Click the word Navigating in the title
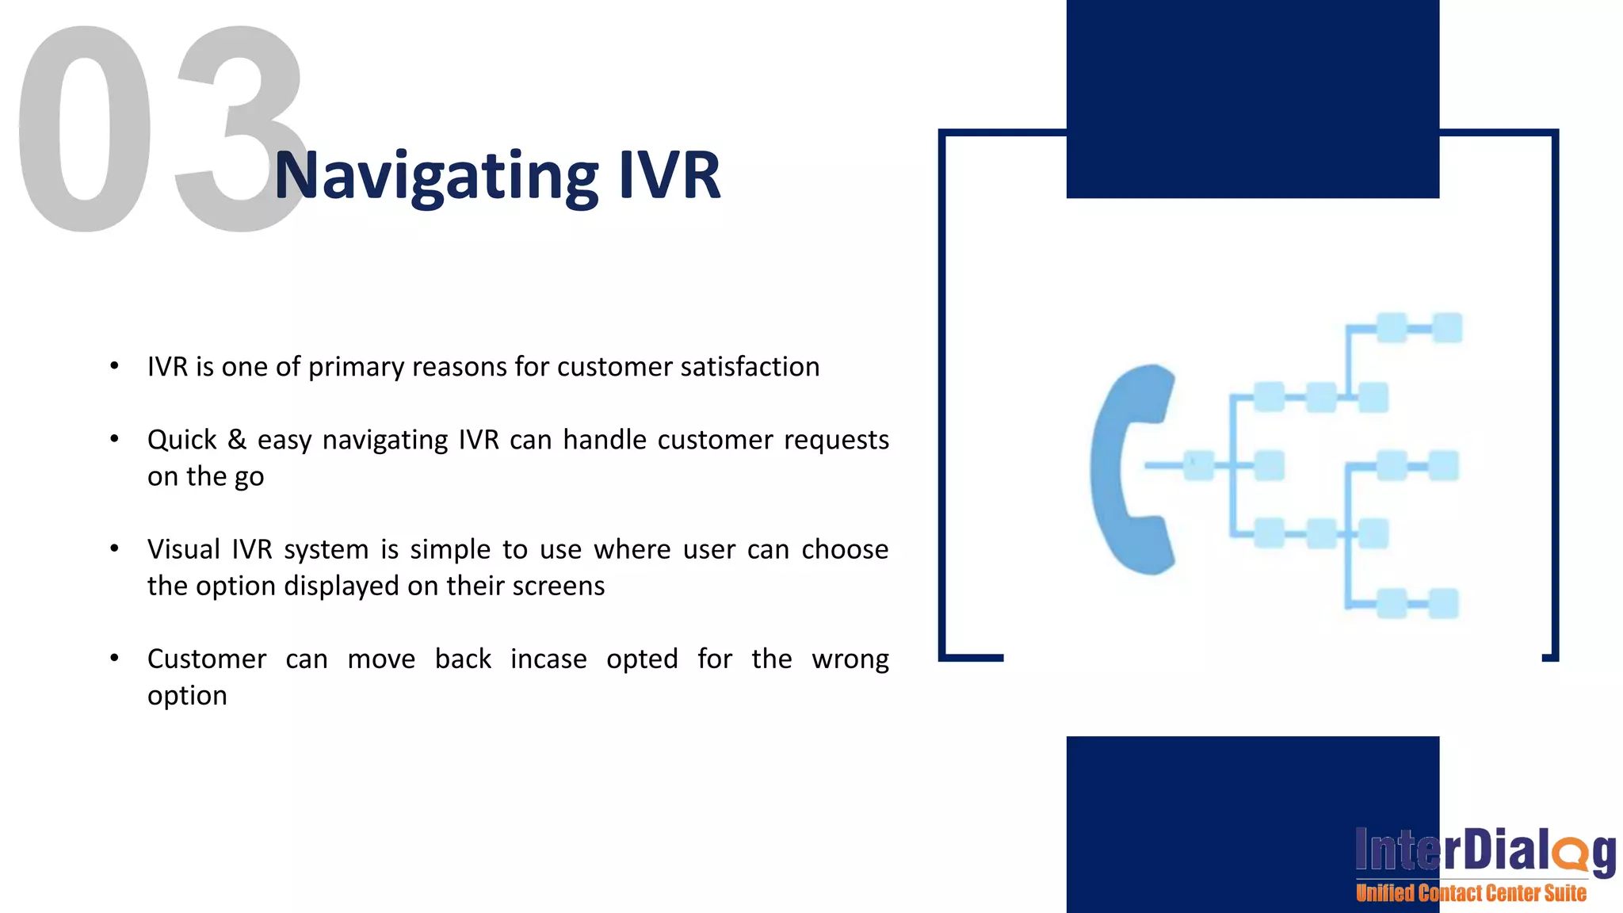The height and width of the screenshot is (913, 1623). pyautogui.click(x=436, y=176)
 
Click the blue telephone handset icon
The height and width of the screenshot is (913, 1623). pyautogui.click(x=1132, y=469)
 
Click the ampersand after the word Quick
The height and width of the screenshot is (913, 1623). pyautogui.click(x=237, y=439)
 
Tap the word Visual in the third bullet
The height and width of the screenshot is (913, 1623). pyautogui.click(x=184, y=549)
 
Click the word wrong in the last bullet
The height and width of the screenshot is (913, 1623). pyautogui.click(x=850, y=659)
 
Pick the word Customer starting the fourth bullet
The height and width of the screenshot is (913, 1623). pyautogui.click(x=207, y=659)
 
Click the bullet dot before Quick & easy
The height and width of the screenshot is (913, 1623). pyautogui.click(x=115, y=438)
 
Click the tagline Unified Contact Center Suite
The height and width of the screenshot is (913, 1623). pyautogui.click(x=1471, y=893)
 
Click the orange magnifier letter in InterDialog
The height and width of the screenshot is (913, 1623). pyautogui.click(x=1569, y=854)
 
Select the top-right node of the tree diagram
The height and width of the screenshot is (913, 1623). pyautogui.click(x=1447, y=328)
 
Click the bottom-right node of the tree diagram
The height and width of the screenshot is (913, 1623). pyautogui.click(x=1444, y=603)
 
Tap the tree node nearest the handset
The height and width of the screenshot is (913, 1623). pyautogui.click(x=1198, y=465)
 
